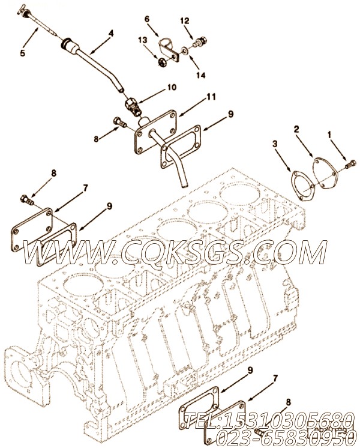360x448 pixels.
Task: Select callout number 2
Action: (x=296, y=129)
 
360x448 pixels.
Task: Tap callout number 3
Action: (x=275, y=144)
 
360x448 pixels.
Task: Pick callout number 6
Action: (x=147, y=19)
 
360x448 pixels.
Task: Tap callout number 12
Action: (x=185, y=22)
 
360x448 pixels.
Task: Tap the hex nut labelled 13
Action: (x=161, y=60)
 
